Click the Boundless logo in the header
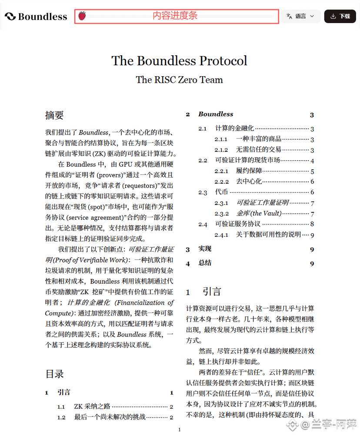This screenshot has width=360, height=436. tap(36, 17)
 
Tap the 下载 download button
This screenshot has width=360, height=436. tap(340, 16)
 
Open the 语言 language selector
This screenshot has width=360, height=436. tap(300, 16)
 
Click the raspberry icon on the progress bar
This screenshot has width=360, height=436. tap(82, 16)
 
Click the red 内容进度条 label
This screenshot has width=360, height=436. tap(175, 16)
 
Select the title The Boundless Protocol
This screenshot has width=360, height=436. tap(179, 60)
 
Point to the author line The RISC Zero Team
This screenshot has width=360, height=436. tap(179, 80)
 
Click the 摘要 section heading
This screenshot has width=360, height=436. tap(54, 115)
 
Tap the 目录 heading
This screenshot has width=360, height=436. tap(54, 374)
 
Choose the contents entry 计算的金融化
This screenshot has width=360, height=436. tap(234, 128)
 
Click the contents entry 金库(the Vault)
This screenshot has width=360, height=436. tap(259, 214)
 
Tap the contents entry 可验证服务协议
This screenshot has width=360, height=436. tap(238, 224)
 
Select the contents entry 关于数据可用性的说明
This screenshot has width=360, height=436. tap(268, 235)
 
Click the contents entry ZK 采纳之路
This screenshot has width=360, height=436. tap(92, 407)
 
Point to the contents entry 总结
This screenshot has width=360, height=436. tap(205, 263)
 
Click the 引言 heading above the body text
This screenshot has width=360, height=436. tap(212, 292)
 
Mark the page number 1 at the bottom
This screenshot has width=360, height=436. tap(179, 430)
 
